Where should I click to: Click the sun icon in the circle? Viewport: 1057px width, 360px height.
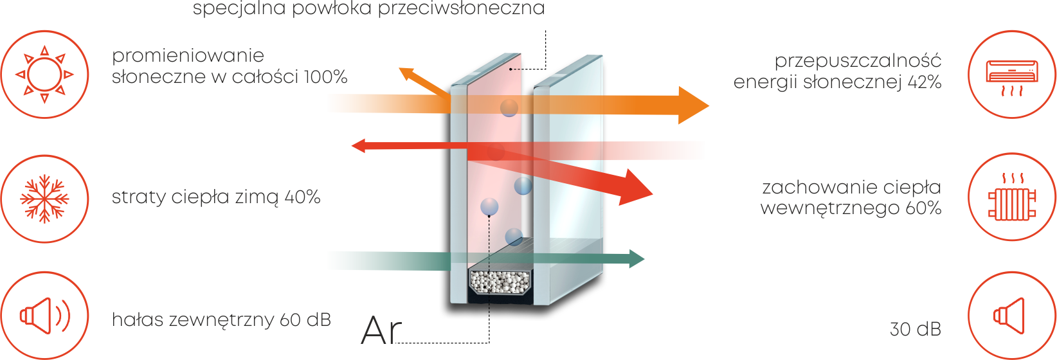44,75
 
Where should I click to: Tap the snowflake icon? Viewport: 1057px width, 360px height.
44,198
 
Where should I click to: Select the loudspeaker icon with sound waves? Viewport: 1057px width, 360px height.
44,316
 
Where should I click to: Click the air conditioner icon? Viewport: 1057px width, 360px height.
1012,76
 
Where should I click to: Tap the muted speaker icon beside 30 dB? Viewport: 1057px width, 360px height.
1009,316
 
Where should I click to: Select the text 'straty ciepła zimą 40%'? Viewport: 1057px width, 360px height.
216,197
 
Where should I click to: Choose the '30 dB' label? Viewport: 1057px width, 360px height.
915,329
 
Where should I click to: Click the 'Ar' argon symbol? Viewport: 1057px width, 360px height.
381,331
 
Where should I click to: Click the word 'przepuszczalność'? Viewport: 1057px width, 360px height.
858,61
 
